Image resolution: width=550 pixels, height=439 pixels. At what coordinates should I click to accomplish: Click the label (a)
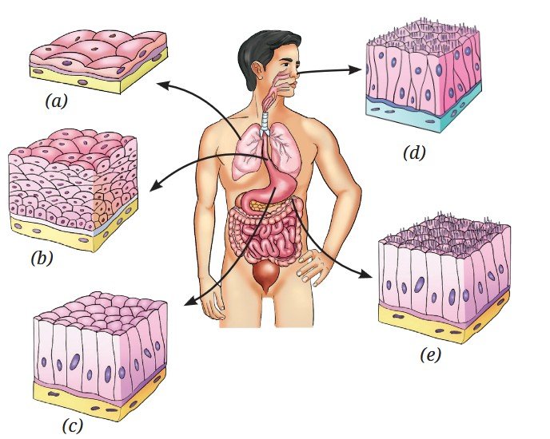coord(56,101)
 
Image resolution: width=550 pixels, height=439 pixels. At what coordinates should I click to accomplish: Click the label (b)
coord(42,259)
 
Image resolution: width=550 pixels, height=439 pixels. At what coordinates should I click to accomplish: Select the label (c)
coord(73,426)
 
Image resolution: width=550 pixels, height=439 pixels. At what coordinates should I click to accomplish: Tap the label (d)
coord(414,152)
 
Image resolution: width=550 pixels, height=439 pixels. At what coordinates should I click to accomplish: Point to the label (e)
coord(430,355)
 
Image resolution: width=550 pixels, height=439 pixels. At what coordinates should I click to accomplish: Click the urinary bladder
coord(266,276)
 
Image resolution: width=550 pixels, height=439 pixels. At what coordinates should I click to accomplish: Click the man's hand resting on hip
coord(310,267)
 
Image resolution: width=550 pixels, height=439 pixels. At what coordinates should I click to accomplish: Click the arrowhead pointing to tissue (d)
coord(355,70)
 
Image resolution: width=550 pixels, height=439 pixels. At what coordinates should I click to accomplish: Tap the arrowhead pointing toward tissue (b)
coord(155,185)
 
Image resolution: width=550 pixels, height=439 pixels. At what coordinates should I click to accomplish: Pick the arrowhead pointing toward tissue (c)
coord(190,301)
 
